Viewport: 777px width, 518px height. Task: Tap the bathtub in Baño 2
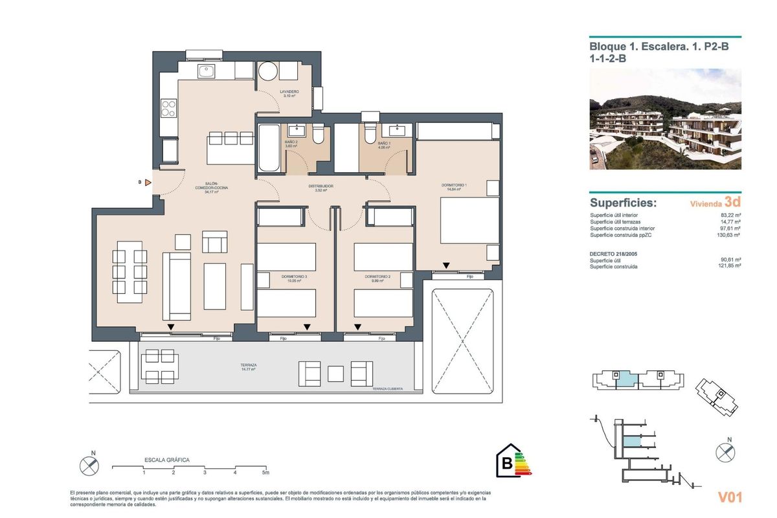click(x=267, y=148)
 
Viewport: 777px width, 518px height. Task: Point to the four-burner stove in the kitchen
click(x=168, y=107)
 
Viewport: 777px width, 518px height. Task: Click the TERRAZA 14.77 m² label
click(x=248, y=366)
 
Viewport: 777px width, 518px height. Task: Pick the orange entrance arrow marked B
click(x=148, y=183)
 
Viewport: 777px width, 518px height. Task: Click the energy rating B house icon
click(x=508, y=462)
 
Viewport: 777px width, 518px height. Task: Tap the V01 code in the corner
click(x=730, y=497)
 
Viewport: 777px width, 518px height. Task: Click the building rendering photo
click(x=665, y=119)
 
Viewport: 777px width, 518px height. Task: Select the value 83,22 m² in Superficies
click(x=730, y=216)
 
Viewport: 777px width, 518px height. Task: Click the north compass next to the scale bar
click(x=89, y=465)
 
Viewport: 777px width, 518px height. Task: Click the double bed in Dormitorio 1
click(x=469, y=221)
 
